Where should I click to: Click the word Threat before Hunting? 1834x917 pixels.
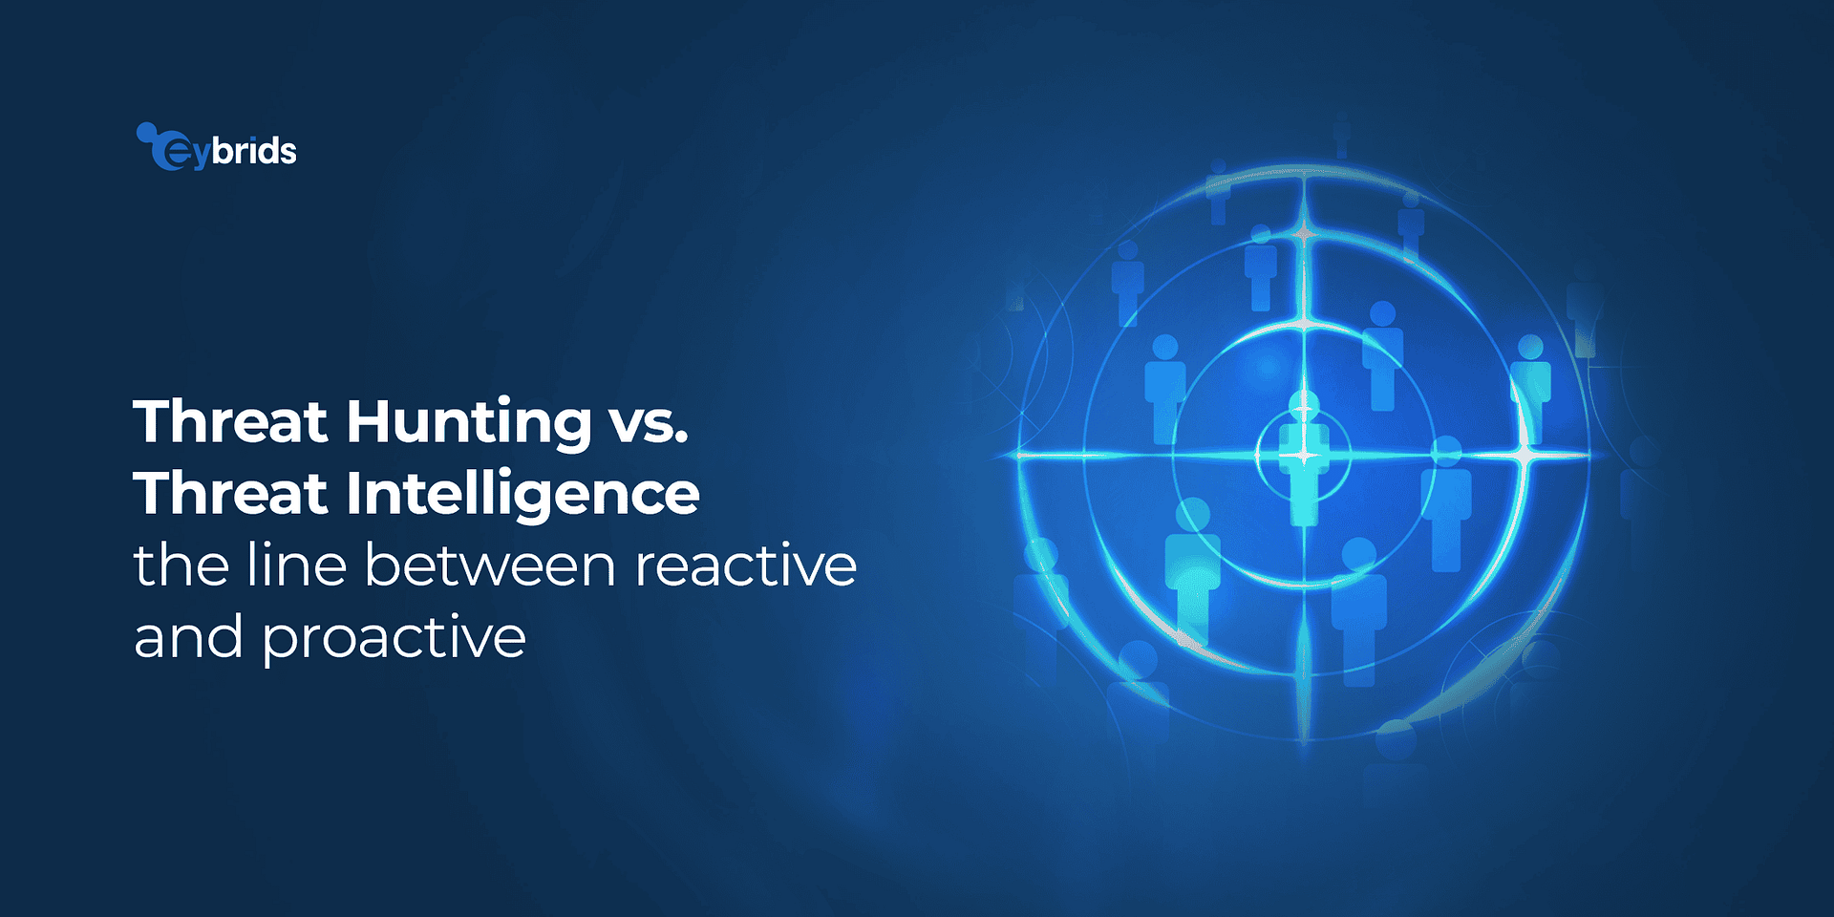tap(230, 421)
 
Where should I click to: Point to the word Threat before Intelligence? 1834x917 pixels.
tap(230, 493)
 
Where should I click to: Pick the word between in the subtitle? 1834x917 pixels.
tap(489, 565)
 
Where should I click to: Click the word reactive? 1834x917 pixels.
tap(745, 565)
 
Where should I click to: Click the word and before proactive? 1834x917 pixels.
tap(188, 636)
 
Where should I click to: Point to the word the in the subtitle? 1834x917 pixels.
tap(181, 565)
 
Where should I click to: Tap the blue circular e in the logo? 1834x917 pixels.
tap(172, 153)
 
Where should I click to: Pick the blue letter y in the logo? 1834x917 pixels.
tap(199, 156)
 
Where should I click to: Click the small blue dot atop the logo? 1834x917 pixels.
tap(145, 131)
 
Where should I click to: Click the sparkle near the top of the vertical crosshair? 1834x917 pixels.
tap(1304, 233)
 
